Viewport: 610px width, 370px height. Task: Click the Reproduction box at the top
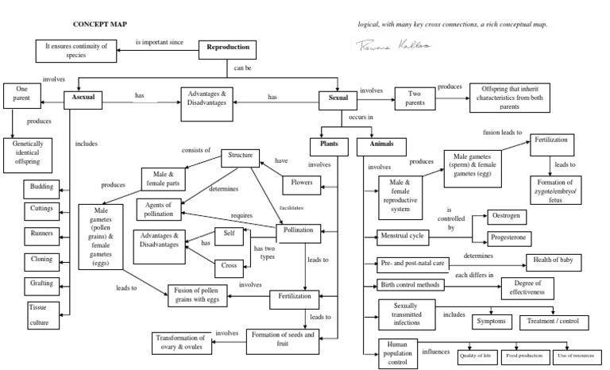[x=228, y=48]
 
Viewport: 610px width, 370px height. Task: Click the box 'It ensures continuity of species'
[x=76, y=51]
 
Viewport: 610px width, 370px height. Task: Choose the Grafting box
[x=42, y=283]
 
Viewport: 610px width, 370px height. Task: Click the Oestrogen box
[x=507, y=218]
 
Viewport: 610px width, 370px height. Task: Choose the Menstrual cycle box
[x=405, y=236]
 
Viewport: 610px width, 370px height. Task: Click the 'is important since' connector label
[x=160, y=41]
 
